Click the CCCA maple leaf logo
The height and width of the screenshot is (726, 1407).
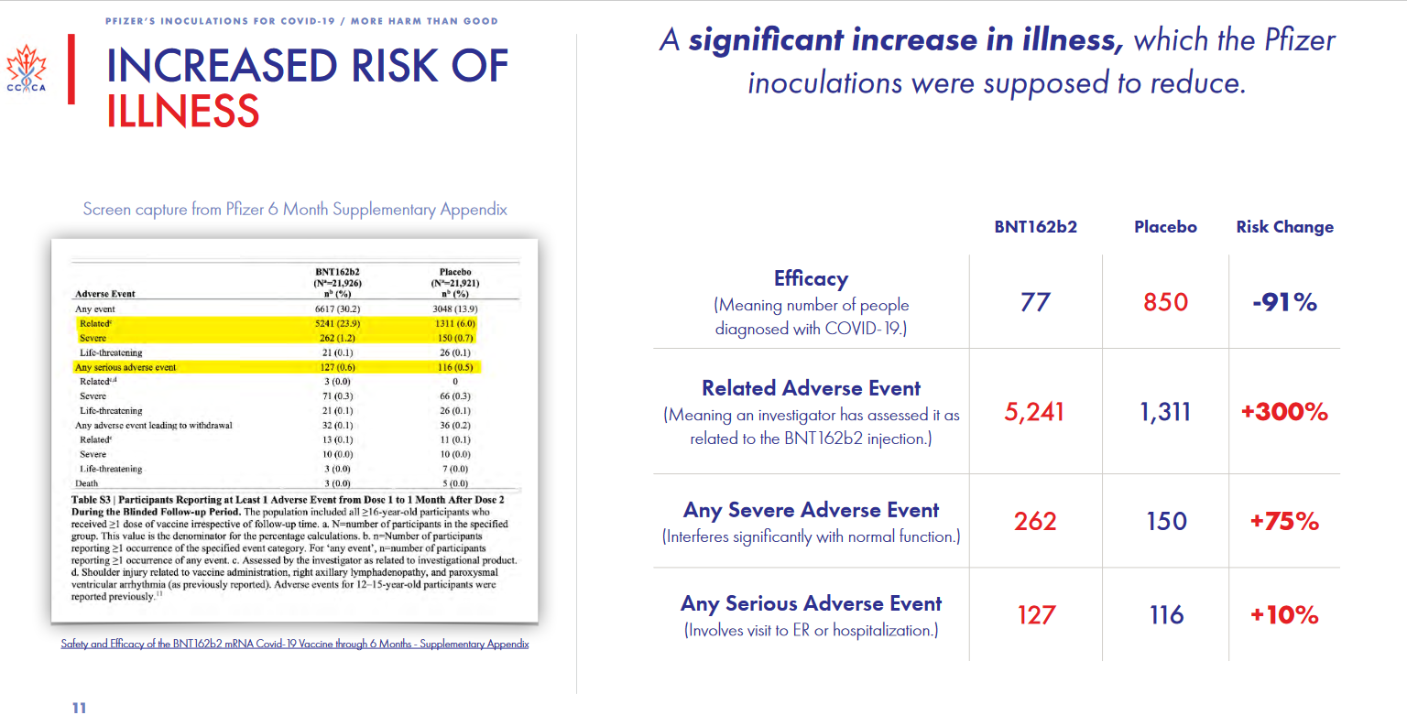(27, 70)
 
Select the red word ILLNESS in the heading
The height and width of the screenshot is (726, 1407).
(183, 111)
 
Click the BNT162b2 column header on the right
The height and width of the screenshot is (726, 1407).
(1035, 227)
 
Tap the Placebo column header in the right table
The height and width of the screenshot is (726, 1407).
(1165, 227)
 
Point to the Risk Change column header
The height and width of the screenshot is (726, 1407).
(1284, 227)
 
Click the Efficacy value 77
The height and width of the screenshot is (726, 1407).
(1035, 302)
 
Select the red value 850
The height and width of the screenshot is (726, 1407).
(1165, 302)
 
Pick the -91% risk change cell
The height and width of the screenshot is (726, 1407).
(1284, 302)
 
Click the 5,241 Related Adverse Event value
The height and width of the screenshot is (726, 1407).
(1034, 412)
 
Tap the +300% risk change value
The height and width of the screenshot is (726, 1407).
(1284, 412)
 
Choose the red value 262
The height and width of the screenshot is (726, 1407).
(1035, 521)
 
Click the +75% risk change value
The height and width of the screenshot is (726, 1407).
(1284, 521)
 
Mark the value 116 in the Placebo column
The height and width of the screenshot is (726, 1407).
(1166, 615)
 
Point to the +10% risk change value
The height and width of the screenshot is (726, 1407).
(1284, 615)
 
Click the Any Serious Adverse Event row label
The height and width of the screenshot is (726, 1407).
(811, 604)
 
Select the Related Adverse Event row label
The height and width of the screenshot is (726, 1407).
(811, 388)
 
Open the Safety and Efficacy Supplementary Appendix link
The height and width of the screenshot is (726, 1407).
(295, 644)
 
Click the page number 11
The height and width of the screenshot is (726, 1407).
(79, 708)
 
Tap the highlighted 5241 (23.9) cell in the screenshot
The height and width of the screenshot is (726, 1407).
(337, 323)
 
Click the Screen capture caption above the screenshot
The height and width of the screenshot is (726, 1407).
(295, 209)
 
